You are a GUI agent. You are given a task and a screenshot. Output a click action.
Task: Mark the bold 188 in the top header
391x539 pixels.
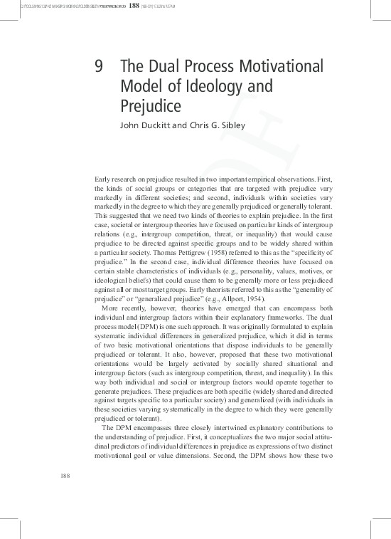coord(134,6)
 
